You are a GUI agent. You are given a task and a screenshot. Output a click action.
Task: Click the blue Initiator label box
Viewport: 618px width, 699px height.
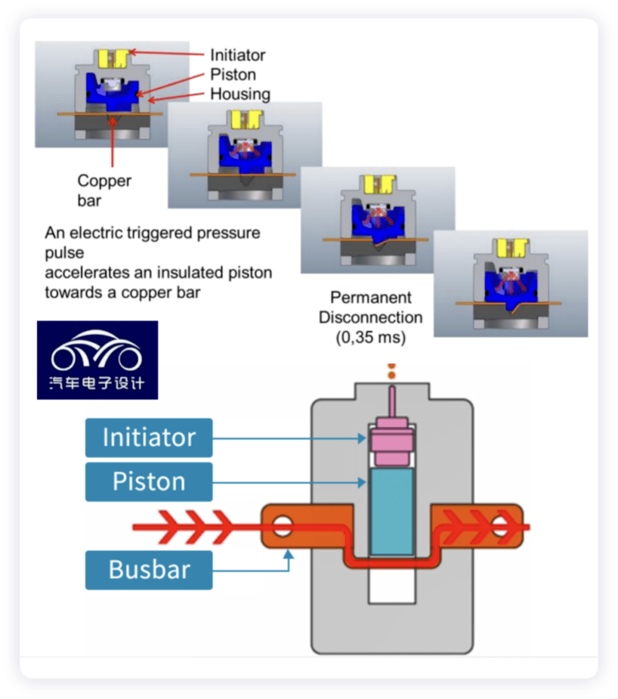click(149, 438)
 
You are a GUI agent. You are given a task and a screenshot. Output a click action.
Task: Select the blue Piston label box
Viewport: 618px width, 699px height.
click(149, 482)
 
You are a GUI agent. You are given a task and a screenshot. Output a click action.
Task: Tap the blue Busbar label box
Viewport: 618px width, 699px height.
click(149, 570)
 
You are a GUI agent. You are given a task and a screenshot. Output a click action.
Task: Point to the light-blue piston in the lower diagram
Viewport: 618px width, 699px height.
click(391, 511)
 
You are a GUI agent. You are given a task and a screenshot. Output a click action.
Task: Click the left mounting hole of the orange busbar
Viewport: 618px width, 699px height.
click(282, 525)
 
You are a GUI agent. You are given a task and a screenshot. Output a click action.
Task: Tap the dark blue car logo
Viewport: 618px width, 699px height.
click(97, 360)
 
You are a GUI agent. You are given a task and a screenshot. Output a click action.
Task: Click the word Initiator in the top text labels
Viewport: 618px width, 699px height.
click(237, 55)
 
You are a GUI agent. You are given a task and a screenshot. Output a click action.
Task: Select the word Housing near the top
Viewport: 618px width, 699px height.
click(240, 94)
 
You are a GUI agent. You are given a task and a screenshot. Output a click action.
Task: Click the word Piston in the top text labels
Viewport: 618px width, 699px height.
click(233, 74)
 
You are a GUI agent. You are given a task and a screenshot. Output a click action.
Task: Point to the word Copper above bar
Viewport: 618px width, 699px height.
click(104, 181)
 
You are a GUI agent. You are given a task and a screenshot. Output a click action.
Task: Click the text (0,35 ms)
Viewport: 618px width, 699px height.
click(370, 337)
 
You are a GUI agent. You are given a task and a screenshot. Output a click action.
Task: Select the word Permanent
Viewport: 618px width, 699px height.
click(371, 297)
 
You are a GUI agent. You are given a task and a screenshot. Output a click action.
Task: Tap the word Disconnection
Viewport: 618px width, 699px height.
click(370, 317)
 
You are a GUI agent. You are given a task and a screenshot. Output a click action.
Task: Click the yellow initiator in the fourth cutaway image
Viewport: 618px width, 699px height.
click(512, 248)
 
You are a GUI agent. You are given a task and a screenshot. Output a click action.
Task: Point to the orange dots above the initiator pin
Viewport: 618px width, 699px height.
click(391, 371)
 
